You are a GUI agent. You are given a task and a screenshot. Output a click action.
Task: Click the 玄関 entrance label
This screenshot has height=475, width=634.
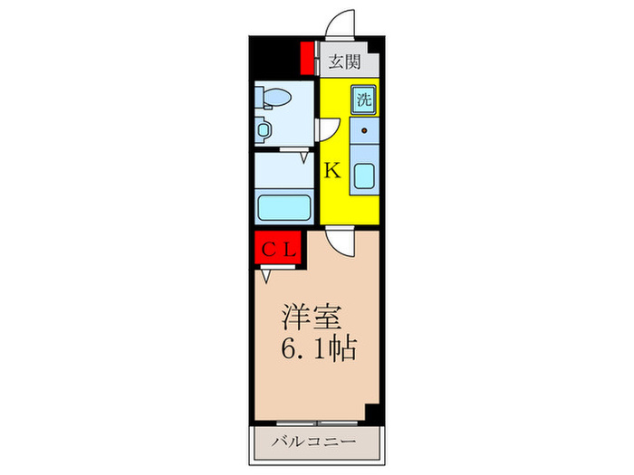(344, 62)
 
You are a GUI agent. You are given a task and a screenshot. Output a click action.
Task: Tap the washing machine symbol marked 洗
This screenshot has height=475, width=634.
(364, 100)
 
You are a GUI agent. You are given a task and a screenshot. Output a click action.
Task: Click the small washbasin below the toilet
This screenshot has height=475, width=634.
(264, 128)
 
